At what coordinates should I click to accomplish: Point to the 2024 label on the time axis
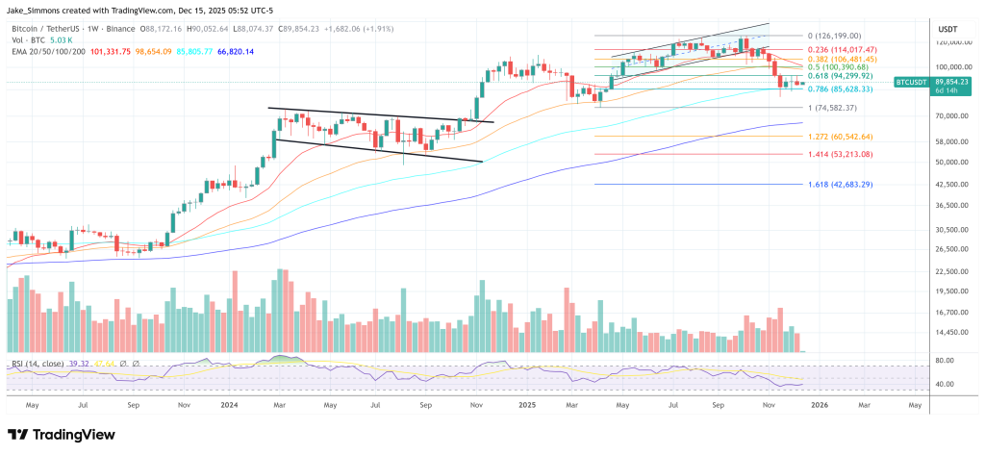coord(231,406)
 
